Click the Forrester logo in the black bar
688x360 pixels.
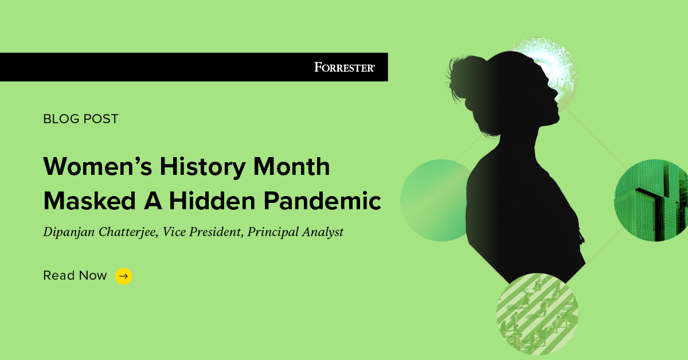click(345, 67)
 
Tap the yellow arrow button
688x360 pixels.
click(123, 276)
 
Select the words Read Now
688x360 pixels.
click(75, 276)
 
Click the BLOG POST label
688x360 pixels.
click(81, 119)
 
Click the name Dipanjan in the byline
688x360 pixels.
click(68, 232)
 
